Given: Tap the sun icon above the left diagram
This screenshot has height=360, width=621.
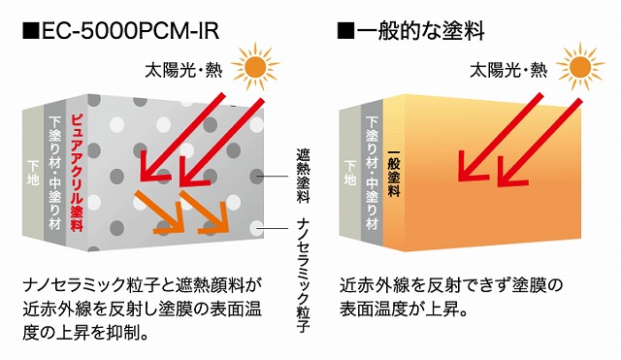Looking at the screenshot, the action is click(255, 67).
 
